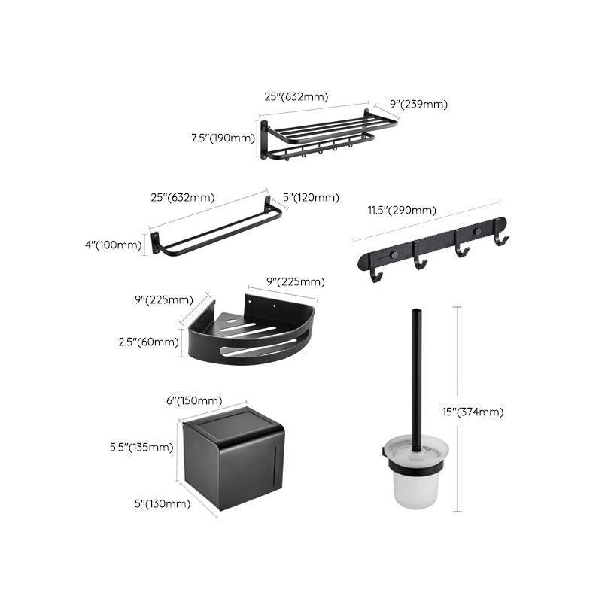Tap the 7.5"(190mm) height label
[x=223, y=138]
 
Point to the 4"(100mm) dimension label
[x=113, y=244]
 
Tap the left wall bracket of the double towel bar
[x=156, y=243]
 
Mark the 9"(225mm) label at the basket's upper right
[x=296, y=282]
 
